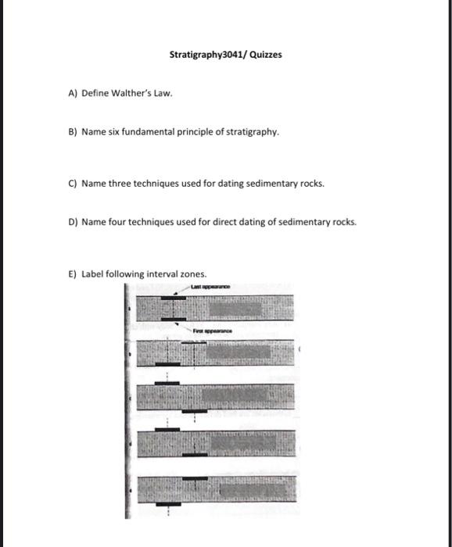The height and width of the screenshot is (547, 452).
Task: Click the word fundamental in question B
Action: click(156, 133)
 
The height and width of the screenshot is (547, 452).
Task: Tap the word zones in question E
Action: click(193, 274)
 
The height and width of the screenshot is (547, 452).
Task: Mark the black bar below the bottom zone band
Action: click(167, 504)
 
